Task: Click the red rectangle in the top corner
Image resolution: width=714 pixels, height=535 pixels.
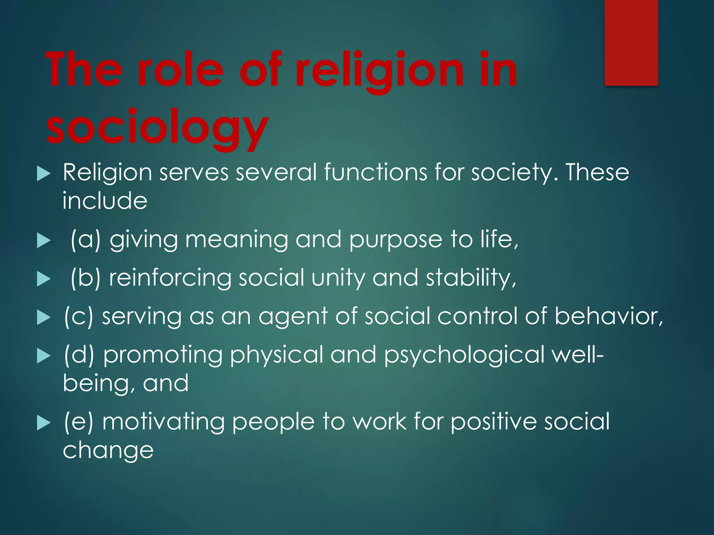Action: [x=631, y=42]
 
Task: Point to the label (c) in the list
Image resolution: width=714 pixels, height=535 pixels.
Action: [x=79, y=316]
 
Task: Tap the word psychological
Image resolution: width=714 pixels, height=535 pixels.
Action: [x=464, y=355]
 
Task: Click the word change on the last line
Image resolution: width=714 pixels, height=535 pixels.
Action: [x=108, y=451]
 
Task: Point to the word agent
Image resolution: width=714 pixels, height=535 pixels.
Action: [x=293, y=317]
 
